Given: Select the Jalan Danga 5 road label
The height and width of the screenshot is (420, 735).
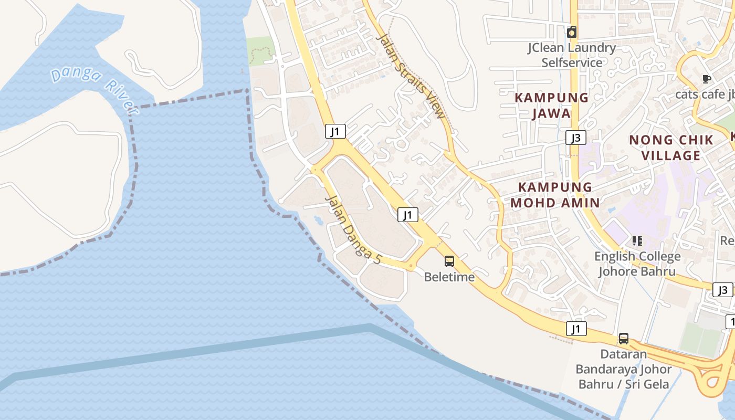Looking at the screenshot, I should [353, 230].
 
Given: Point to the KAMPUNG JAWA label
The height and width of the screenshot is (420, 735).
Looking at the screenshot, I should [551, 106].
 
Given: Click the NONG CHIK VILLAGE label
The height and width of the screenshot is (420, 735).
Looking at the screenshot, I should [671, 148].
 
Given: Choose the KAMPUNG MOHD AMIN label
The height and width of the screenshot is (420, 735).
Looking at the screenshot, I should [555, 195].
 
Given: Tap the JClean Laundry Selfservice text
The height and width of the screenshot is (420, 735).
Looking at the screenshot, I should [572, 55].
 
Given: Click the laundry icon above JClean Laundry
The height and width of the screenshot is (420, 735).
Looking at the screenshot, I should [572, 33].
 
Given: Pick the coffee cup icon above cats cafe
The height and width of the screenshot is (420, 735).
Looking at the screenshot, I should [707, 79].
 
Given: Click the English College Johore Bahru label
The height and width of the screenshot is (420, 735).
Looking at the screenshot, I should [637, 264].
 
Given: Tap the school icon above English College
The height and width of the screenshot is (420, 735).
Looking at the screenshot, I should [637, 241].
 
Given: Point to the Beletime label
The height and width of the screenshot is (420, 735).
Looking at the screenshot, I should [449, 277].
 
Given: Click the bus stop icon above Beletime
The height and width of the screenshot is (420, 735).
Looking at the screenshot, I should [449, 261].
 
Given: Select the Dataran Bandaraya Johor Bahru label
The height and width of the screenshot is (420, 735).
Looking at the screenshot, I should [624, 369].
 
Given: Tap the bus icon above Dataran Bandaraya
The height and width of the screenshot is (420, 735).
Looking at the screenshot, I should [624, 339].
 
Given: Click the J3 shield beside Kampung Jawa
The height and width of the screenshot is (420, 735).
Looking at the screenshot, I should [576, 138].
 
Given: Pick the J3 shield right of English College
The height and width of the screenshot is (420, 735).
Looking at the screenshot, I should [723, 290].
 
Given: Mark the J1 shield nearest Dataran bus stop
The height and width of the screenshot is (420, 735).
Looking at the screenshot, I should [576, 329].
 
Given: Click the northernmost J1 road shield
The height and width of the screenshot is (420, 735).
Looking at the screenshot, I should [335, 131].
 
